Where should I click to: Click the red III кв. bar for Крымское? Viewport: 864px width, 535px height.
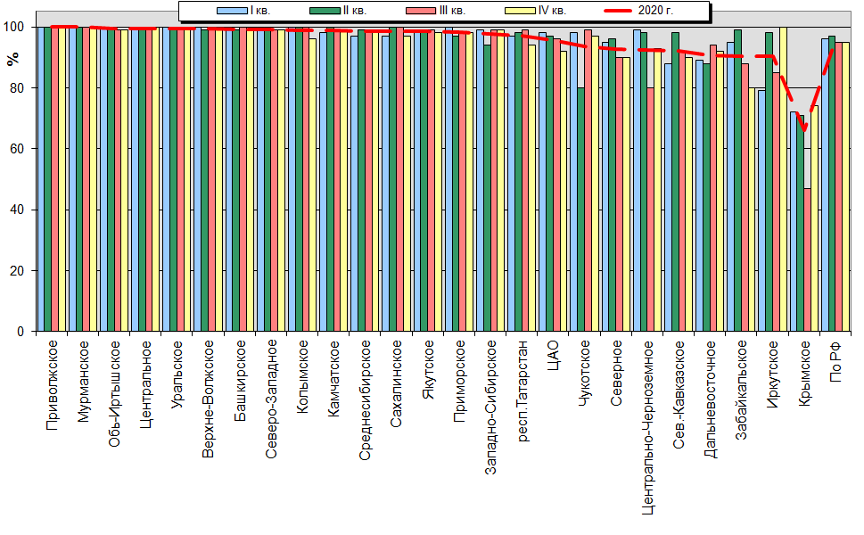[807, 260]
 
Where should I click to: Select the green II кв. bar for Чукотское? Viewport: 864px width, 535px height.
[580, 210]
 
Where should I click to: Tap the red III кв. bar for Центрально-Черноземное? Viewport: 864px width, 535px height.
[651, 210]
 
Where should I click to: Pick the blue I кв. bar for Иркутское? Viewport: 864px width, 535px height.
[761, 211]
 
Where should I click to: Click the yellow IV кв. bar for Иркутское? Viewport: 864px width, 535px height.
[783, 179]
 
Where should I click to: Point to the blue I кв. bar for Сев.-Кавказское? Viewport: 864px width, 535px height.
[668, 197]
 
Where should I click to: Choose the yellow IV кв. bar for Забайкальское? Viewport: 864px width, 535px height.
[752, 210]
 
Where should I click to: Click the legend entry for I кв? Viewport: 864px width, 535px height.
[243, 11]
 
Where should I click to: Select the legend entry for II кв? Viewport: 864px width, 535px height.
[338, 11]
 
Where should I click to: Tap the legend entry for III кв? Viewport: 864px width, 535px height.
[435, 11]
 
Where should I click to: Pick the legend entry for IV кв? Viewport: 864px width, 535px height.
[536, 11]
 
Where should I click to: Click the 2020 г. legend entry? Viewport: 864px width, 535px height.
[639, 11]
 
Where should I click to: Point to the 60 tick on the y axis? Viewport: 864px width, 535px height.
[17, 149]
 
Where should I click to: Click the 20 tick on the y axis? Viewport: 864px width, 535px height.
[17, 270]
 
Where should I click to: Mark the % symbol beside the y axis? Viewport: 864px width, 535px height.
[12, 59]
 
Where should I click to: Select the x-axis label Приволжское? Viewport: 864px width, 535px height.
[52, 385]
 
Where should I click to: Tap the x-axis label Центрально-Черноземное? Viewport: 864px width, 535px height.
[648, 428]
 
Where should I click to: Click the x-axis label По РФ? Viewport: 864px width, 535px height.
[835, 361]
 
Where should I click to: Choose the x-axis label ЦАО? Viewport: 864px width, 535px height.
[554, 356]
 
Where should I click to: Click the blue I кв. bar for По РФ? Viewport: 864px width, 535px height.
[825, 185]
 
